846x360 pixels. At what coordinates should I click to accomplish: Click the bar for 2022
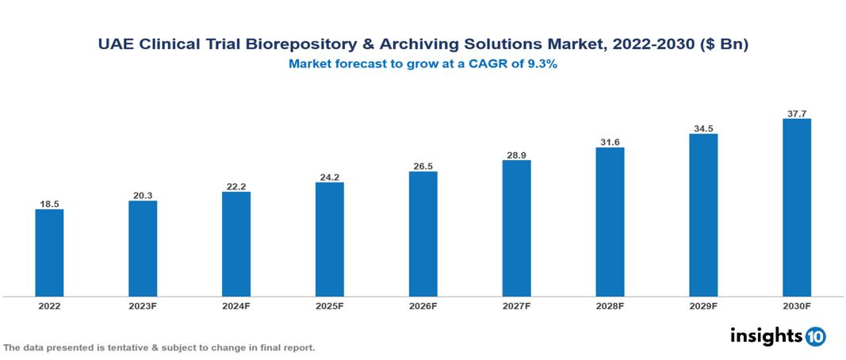(49, 252)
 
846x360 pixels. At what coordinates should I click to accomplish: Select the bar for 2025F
(329, 239)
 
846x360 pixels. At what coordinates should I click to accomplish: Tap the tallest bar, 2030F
(796, 207)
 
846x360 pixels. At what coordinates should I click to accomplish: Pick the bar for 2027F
(516, 228)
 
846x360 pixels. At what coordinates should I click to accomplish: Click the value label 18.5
(49, 204)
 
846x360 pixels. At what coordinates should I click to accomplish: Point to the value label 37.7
(796, 113)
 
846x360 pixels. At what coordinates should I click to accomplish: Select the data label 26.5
(423, 166)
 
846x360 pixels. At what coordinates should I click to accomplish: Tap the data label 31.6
(610, 142)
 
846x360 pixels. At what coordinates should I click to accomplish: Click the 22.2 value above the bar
(236, 186)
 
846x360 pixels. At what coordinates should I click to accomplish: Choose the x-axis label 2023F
(143, 305)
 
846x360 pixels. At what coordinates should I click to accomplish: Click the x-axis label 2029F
(703, 305)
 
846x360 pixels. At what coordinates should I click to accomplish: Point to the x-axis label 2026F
(423, 305)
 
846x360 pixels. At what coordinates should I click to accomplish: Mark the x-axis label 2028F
(610, 305)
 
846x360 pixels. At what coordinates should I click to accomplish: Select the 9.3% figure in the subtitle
(541, 64)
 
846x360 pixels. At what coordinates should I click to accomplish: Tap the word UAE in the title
(114, 45)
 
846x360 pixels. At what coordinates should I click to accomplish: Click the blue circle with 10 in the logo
(816, 336)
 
